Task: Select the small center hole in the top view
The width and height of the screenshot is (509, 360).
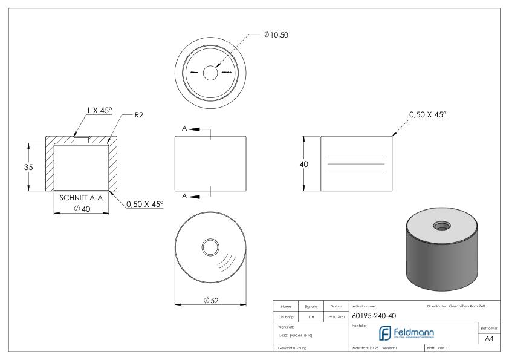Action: coord(210,73)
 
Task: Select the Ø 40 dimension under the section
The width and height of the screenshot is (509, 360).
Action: coord(81,209)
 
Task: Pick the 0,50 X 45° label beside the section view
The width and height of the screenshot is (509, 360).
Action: coord(144,205)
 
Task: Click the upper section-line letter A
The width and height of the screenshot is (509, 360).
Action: coord(185,128)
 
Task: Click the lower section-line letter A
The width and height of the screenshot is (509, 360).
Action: coord(185,195)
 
